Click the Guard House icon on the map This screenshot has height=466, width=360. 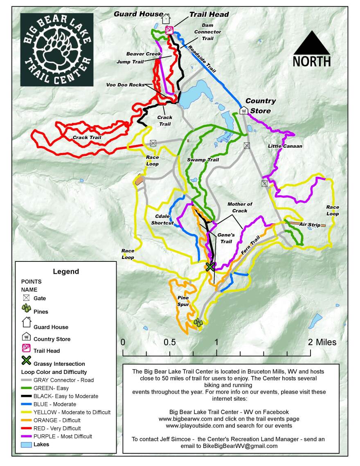[x=166, y=19]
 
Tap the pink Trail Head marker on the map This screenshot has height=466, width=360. [x=168, y=30]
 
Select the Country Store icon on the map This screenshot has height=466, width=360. [x=244, y=110]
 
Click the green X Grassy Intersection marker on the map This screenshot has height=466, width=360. [x=210, y=267]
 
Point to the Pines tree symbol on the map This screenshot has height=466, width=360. [x=198, y=322]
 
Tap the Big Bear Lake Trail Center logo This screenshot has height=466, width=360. [x=57, y=49]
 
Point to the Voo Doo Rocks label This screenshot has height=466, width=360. [x=125, y=85]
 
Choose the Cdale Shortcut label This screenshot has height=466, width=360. [x=162, y=220]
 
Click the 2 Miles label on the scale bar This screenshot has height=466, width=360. [x=322, y=342]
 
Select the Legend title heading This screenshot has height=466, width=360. [x=66, y=271]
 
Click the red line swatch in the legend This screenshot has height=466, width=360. [x=27, y=428]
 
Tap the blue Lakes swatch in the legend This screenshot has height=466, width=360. [x=27, y=444]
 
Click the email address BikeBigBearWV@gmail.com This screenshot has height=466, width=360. [x=240, y=446]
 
